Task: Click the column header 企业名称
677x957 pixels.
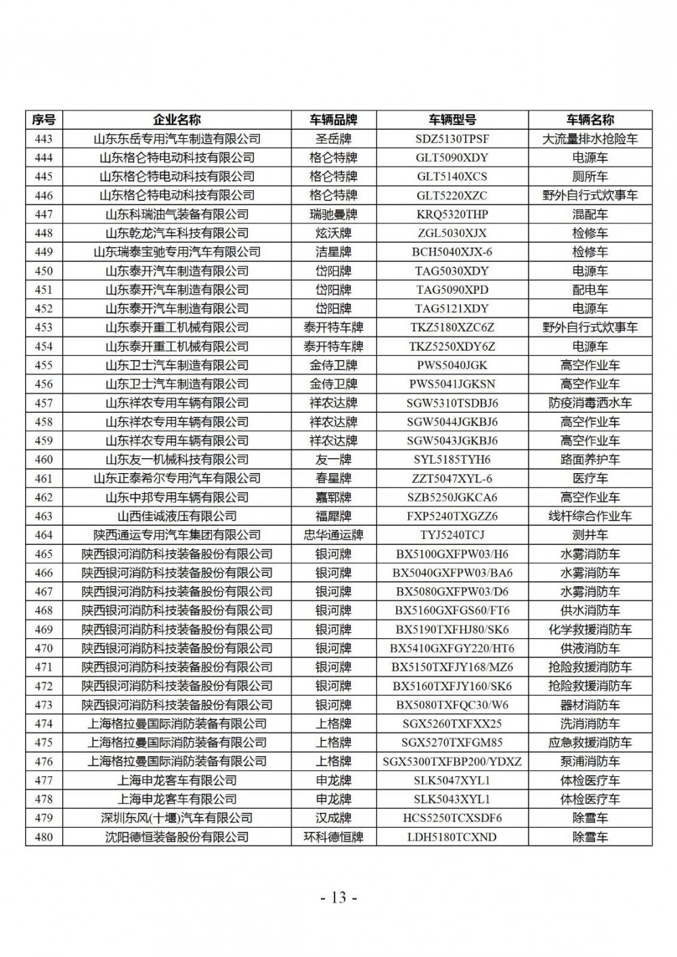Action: [177, 120]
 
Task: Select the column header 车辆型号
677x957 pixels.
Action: [452, 120]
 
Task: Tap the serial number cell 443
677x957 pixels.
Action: [43, 139]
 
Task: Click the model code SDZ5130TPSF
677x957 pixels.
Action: [452, 139]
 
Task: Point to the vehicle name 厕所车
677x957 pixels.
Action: [590, 177]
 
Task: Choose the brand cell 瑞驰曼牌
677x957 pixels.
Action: [333, 215]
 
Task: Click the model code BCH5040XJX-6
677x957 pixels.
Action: [452, 252]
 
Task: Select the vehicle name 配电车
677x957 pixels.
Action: [590, 290]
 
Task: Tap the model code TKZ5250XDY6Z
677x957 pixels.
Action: [452, 347]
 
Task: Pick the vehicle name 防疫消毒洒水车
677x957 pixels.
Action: [590, 403]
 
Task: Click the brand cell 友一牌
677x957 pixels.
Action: [333, 460]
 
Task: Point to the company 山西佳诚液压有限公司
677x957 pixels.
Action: [177, 516]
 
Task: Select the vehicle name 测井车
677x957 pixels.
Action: [590, 535]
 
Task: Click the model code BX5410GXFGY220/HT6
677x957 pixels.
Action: [452, 648]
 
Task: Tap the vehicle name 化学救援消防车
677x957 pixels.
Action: [590, 629]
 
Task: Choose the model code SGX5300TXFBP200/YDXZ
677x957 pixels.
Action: [452, 761]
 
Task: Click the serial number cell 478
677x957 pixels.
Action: [43, 799]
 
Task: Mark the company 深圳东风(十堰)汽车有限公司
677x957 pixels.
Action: [177, 818]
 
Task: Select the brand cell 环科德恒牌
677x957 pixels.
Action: [333, 837]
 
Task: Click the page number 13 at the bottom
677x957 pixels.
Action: [338, 898]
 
